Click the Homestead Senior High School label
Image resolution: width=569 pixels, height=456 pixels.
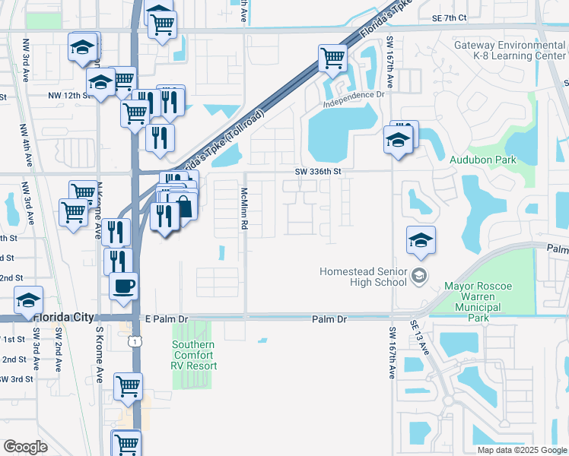point(363,277)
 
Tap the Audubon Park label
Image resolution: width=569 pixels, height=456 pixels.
point(482,160)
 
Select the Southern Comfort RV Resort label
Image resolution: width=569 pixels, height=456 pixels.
point(193,355)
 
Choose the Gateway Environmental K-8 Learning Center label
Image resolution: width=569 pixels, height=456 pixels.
point(510,50)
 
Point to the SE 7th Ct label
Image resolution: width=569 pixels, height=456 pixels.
point(448,17)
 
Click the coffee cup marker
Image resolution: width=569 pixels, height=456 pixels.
point(124,286)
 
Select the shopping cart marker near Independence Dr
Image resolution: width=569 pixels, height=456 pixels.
point(332,56)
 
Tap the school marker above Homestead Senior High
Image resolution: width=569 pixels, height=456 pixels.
point(421,240)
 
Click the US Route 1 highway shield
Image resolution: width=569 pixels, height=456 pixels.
point(135,342)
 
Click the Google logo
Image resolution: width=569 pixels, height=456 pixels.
point(25,447)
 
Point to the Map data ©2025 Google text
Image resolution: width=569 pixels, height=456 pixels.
point(521,450)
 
